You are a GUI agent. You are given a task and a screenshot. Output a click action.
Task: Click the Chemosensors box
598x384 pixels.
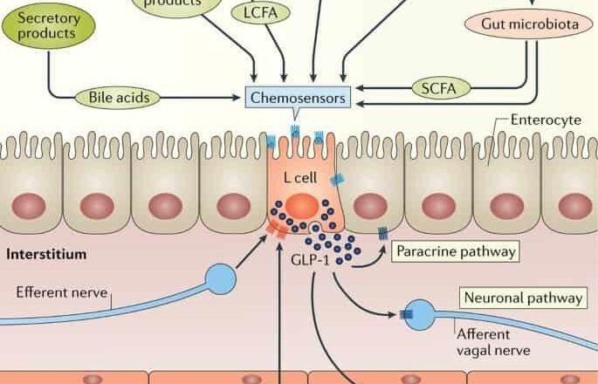pos(298,97)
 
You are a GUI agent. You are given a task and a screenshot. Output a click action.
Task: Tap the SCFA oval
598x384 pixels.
pos(439,87)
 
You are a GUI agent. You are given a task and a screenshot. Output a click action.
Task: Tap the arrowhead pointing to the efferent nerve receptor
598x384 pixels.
pos(264,236)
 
